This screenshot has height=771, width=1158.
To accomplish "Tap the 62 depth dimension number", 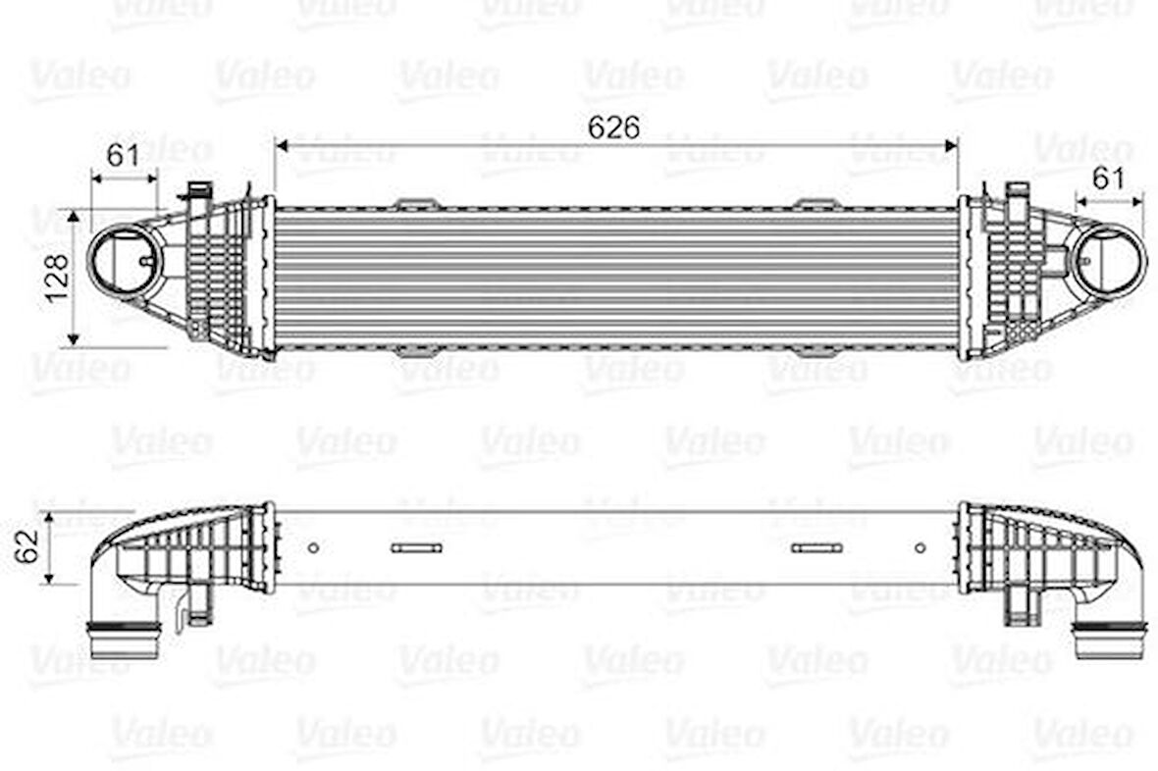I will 29,545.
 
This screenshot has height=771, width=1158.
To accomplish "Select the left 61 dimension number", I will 122,155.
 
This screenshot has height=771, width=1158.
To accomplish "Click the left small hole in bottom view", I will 313,547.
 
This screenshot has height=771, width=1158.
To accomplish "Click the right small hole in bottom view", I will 920,547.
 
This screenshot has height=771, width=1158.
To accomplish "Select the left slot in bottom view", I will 416,547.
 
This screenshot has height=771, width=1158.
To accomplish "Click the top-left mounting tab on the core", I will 416,203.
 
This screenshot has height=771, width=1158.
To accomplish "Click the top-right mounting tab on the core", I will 816,203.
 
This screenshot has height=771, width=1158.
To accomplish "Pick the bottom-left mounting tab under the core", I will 416,350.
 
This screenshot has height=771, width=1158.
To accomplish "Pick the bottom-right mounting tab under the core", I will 816,350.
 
